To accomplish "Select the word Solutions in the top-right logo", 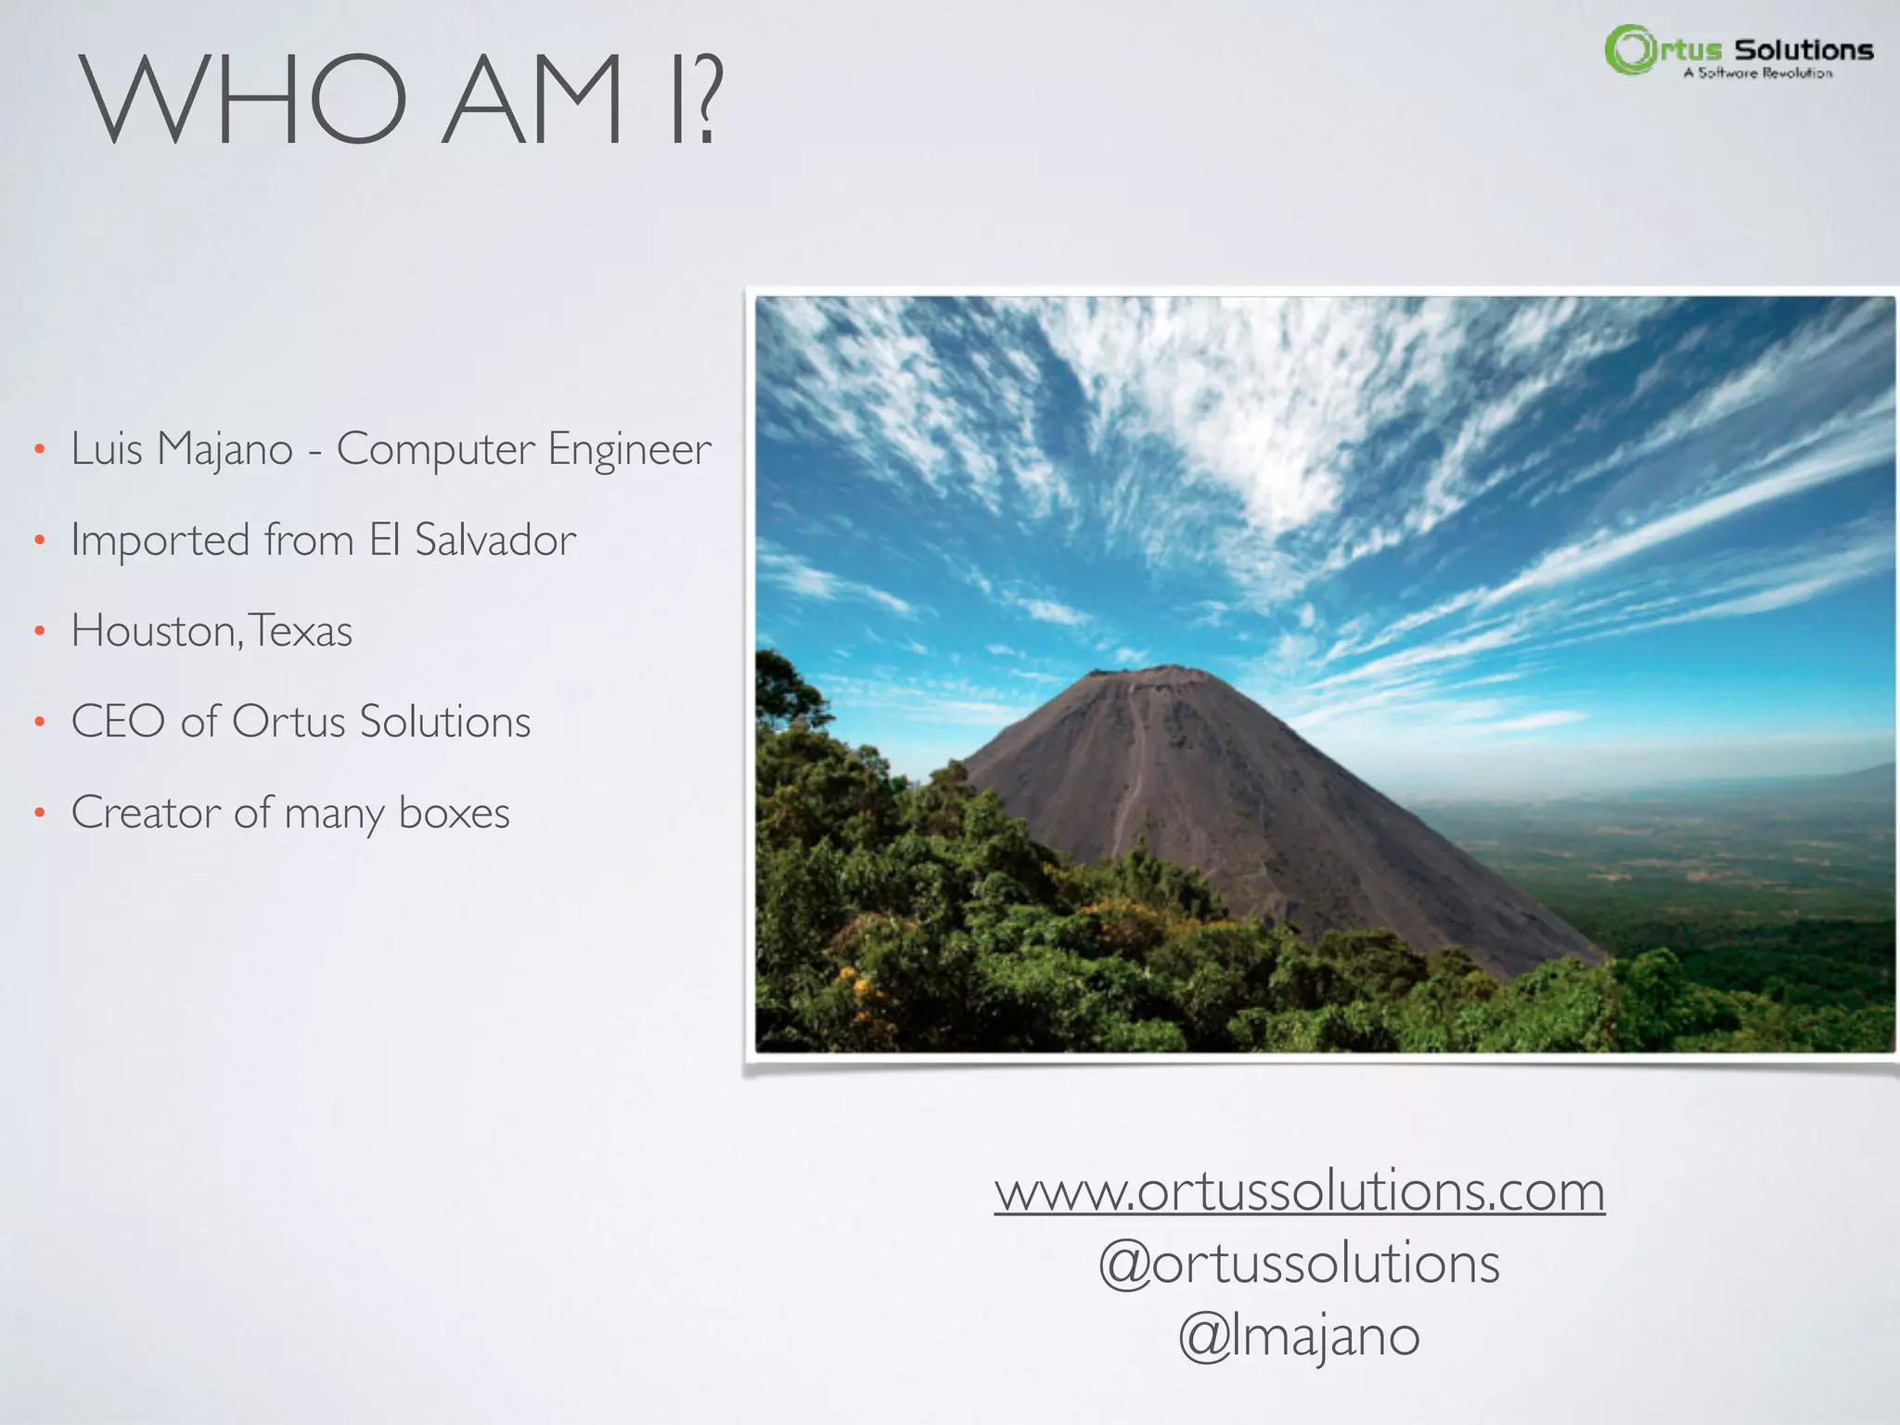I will [1804, 50].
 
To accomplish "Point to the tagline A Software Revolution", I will [1758, 73].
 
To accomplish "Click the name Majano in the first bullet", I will [225, 450].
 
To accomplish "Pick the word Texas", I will [302, 632].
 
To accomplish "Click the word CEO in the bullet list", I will [118, 722].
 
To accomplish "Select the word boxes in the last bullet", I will [454, 814].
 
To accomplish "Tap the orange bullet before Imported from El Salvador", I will [39, 540].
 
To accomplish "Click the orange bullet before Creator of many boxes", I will [39, 814].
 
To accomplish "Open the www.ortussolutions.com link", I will [1299, 1191].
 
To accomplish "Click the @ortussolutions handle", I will [1299, 1264].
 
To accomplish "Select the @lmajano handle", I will [1299, 1337].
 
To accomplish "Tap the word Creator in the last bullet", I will [146, 814].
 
